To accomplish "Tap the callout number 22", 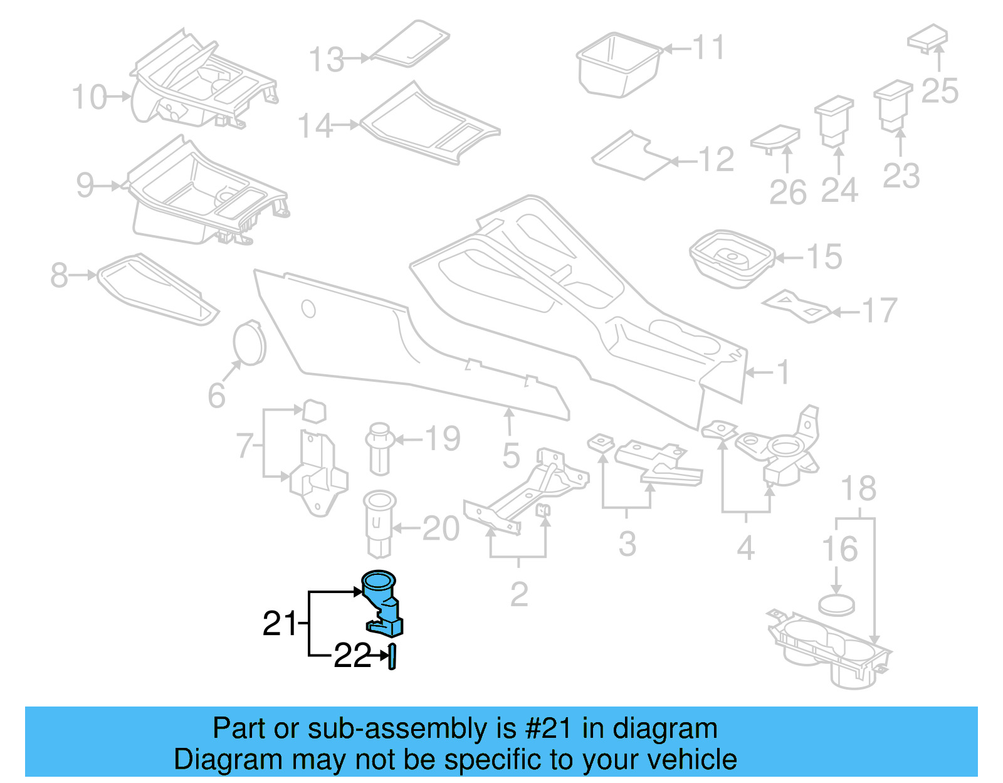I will (353, 656).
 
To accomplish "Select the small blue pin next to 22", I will (392, 656).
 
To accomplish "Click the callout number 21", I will (279, 623).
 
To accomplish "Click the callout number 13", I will (327, 60).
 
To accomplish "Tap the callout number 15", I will (824, 257).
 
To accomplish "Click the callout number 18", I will (858, 488).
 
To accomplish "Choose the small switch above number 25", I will (927, 38).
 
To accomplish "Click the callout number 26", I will (787, 192).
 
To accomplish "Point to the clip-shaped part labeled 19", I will (379, 448).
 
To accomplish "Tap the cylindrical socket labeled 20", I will (379, 523).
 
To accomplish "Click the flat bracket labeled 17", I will (796, 305).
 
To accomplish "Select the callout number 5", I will (511, 455).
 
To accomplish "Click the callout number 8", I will (59, 275).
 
